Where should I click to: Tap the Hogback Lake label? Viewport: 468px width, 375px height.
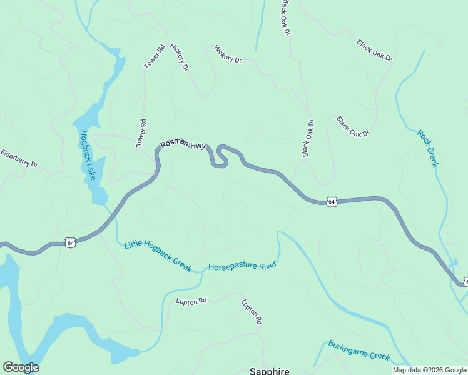click(87, 155)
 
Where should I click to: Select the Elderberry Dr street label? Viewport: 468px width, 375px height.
click(19, 158)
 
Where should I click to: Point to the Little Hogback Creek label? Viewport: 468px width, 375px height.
click(158, 256)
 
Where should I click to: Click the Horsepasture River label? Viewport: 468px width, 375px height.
click(242, 266)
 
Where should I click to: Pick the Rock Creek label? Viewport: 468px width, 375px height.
click(428, 148)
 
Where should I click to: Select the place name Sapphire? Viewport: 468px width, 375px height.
click(270, 371)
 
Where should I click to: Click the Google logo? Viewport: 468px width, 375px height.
click(21, 367)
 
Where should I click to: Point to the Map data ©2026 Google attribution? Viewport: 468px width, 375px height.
click(430, 370)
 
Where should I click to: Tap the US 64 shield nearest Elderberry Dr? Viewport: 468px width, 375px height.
click(70, 242)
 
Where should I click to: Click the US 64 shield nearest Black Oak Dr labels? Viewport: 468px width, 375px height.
click(332, 202)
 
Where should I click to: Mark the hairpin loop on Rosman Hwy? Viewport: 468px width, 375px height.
click(220, 156)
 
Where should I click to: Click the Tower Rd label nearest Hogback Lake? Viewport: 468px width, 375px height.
click(141, 133)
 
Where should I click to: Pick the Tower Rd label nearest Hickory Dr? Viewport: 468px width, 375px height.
click(154, 56)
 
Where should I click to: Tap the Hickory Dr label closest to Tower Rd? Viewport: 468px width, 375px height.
click(180, 57)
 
